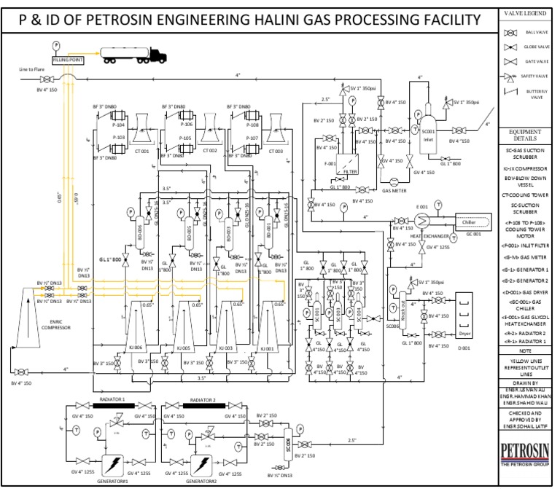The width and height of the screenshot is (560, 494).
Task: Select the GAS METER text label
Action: click(394, 191)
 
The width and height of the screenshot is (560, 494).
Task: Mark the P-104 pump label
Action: click(120, 125)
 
